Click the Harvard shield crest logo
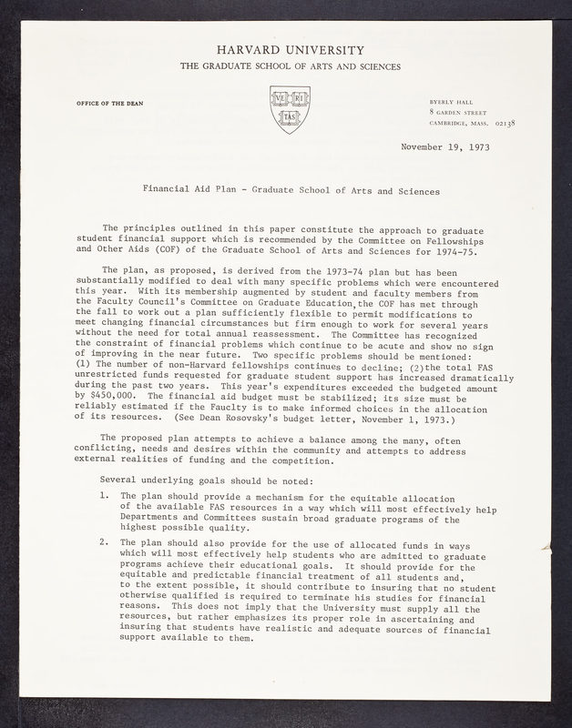(x=290, y=109)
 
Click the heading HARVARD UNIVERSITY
(x=289, y=50)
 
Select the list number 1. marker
(x=106, y=496)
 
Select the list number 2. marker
(x=106, y=541)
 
